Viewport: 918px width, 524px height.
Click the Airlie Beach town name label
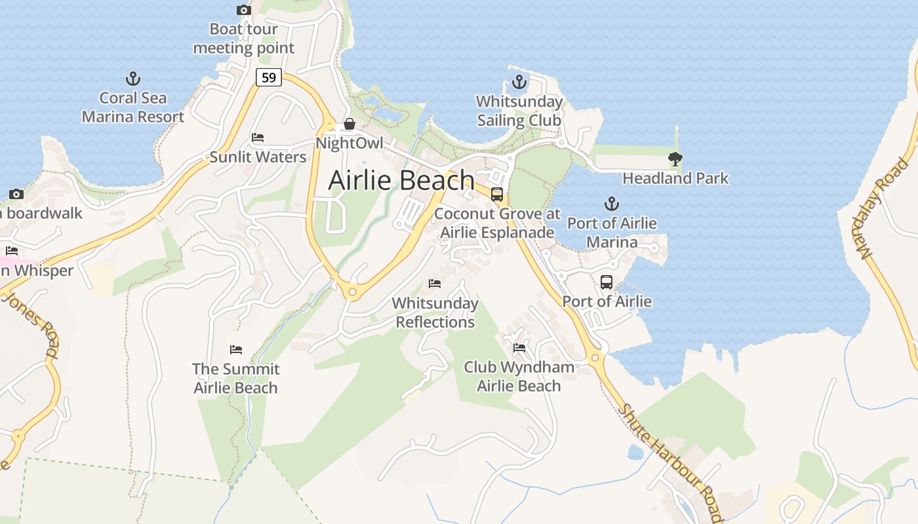coord(401,180)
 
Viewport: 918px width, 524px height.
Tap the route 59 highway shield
coord(268,77)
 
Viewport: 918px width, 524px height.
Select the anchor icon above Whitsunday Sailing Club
coord(519,82)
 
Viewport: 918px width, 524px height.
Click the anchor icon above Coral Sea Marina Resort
coord(133,79)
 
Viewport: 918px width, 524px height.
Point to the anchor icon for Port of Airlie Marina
coord(612,204)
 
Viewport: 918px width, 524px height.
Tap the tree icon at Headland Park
coord(675,159)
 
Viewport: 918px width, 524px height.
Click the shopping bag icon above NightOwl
coord(349,124)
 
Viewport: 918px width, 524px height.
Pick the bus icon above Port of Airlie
coord(607,282)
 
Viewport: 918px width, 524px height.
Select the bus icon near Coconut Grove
coord(497,195)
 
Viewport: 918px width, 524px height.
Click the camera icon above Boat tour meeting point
coord(243,10)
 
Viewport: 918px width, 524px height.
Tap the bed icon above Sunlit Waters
coord(258,138)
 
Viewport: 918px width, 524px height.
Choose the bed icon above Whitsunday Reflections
coord(435,284)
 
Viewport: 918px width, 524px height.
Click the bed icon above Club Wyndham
coord(519,347)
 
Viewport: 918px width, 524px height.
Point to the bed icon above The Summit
coord(236,350)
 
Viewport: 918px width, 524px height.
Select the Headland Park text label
coord(675,178)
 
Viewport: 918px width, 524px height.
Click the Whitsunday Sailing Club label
coord(519,111)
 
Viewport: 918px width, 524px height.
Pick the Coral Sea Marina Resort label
coord(133,107)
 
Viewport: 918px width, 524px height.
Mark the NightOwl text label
coord(349,143)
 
